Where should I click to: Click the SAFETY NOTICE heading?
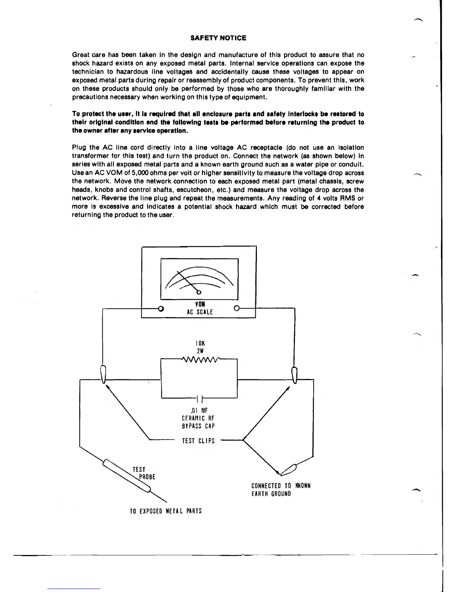(x=218, y=38)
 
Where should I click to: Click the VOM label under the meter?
(x=200, y=304)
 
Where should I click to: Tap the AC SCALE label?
(x=200, y=312)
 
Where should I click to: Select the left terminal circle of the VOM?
(x=161, y=309)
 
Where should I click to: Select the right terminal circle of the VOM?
(x=236, y=309)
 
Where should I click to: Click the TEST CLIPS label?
(x=198, y=441)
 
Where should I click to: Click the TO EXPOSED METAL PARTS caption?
(x=165, y=511)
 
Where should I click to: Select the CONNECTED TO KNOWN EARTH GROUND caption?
(x=281, y=490)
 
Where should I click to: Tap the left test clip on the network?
(x=103, y=374)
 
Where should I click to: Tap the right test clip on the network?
(x=294, y=375)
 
